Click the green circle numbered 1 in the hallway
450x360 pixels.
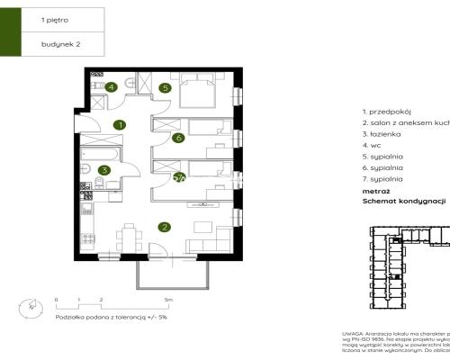tap(119, 125)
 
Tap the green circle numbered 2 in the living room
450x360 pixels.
tap(164, 228)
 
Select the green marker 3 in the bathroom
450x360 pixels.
tap(104, 169)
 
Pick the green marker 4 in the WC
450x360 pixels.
tap(111, 87)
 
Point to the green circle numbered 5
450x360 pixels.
tap(165, 87)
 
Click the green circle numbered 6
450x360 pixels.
tap(178, 138)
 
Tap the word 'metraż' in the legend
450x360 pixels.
tap(374, 192)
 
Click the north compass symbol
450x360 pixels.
tap(32, 307)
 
